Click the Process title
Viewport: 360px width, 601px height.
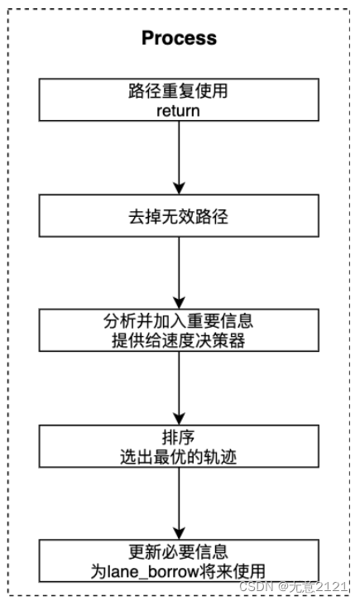[179, 38]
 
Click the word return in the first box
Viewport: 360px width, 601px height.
[179, 108]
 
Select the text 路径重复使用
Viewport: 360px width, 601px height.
[179, 91]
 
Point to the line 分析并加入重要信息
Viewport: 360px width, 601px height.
[179, 320]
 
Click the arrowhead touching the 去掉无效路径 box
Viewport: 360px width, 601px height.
[179, 188]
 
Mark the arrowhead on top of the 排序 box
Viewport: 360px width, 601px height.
[179, 418]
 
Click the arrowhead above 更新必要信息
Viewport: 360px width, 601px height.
[179, 532]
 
